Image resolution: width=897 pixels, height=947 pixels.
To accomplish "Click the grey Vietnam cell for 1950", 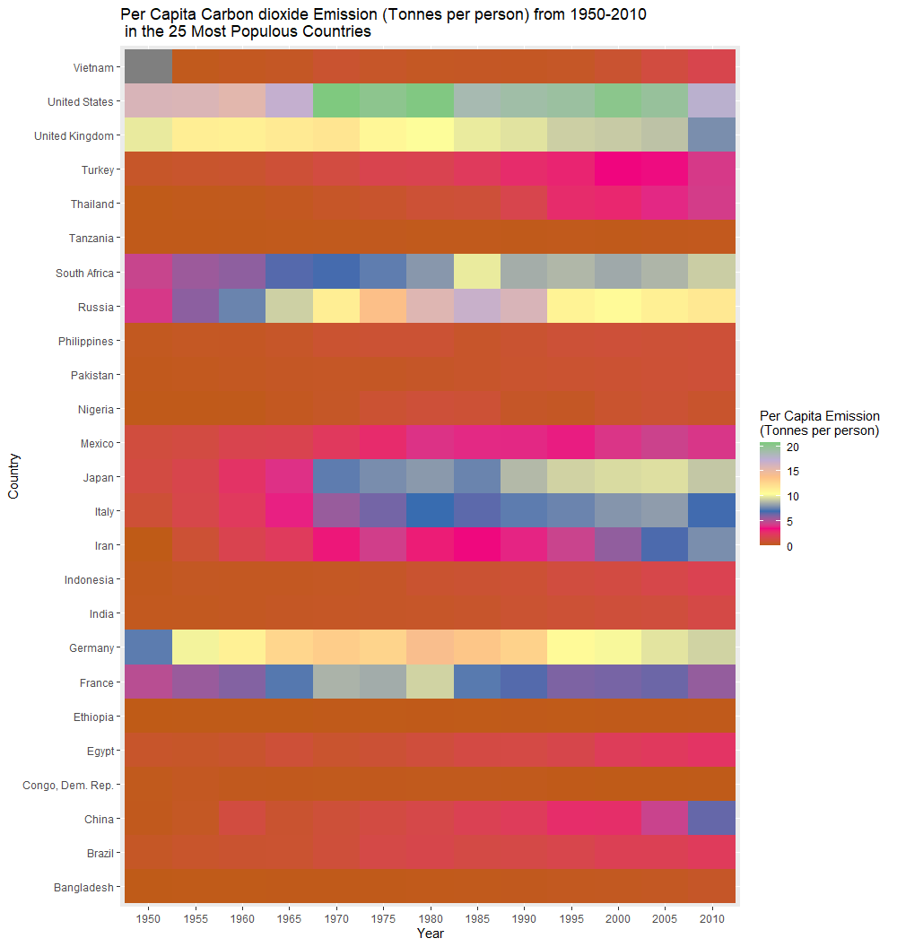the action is coord(148,66).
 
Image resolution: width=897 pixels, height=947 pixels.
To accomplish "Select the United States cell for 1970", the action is coord(336,100).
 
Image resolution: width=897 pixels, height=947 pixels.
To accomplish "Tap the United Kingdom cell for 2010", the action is coord(711,135).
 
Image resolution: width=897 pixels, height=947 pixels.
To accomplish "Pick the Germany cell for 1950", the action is coord(148,647).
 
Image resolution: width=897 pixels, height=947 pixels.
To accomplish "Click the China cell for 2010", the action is coord(711,818).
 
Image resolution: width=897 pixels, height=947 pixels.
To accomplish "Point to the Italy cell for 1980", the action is coord(430,510).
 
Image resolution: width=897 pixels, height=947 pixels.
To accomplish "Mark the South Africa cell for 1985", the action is coord(477,272).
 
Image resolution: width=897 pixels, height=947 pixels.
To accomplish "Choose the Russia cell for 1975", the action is coord(383,306).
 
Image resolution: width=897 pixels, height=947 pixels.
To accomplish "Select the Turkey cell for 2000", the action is coord(618,169).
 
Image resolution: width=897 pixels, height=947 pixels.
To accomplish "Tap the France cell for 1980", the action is coord(430,682).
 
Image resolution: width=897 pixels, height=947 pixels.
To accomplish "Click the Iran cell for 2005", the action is coord(665,544).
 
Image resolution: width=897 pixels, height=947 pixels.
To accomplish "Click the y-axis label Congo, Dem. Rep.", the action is coord(68,786).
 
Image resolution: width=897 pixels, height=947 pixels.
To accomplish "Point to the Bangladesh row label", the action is coord(83,887).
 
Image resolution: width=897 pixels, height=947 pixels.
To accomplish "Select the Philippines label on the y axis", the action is coord(86,342).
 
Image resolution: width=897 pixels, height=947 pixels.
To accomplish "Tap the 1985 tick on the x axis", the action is coord(477,918).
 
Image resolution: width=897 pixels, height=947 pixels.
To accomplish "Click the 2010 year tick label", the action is coord(711,918).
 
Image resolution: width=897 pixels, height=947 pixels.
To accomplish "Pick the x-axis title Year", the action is coord(430,934).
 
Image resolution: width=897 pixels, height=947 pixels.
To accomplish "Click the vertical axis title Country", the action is coord(13,476).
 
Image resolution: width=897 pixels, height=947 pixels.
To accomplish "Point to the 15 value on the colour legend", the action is coord(793,472).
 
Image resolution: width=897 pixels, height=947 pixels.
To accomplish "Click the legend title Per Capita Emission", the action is coord(819,416).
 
